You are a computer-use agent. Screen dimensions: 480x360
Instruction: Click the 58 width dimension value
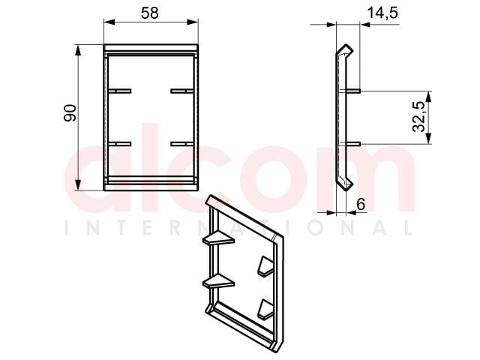pyautogui.click(x=150, y=13)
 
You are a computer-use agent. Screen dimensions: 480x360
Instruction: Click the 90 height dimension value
pyautogui.click(x=70, y=113)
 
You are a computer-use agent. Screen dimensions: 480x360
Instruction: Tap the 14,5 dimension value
pyautogui.click(x=382, y=13)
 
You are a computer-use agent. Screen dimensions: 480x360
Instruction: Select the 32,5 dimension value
pyautogui.click(x=418, y=117)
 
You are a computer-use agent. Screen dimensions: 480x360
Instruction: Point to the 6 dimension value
pyautogui.click(x=361, y=205)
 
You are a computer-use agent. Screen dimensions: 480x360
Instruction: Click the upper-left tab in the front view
pyautogui.click(x=120, y=91)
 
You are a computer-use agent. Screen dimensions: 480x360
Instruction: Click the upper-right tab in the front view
pyautogui.click(x=182, y=91)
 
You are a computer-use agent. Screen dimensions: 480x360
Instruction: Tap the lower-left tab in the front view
pyautogui.click(x=120, y=144)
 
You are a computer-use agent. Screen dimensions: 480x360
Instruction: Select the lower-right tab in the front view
pyautogui.click(x=182, y=144)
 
